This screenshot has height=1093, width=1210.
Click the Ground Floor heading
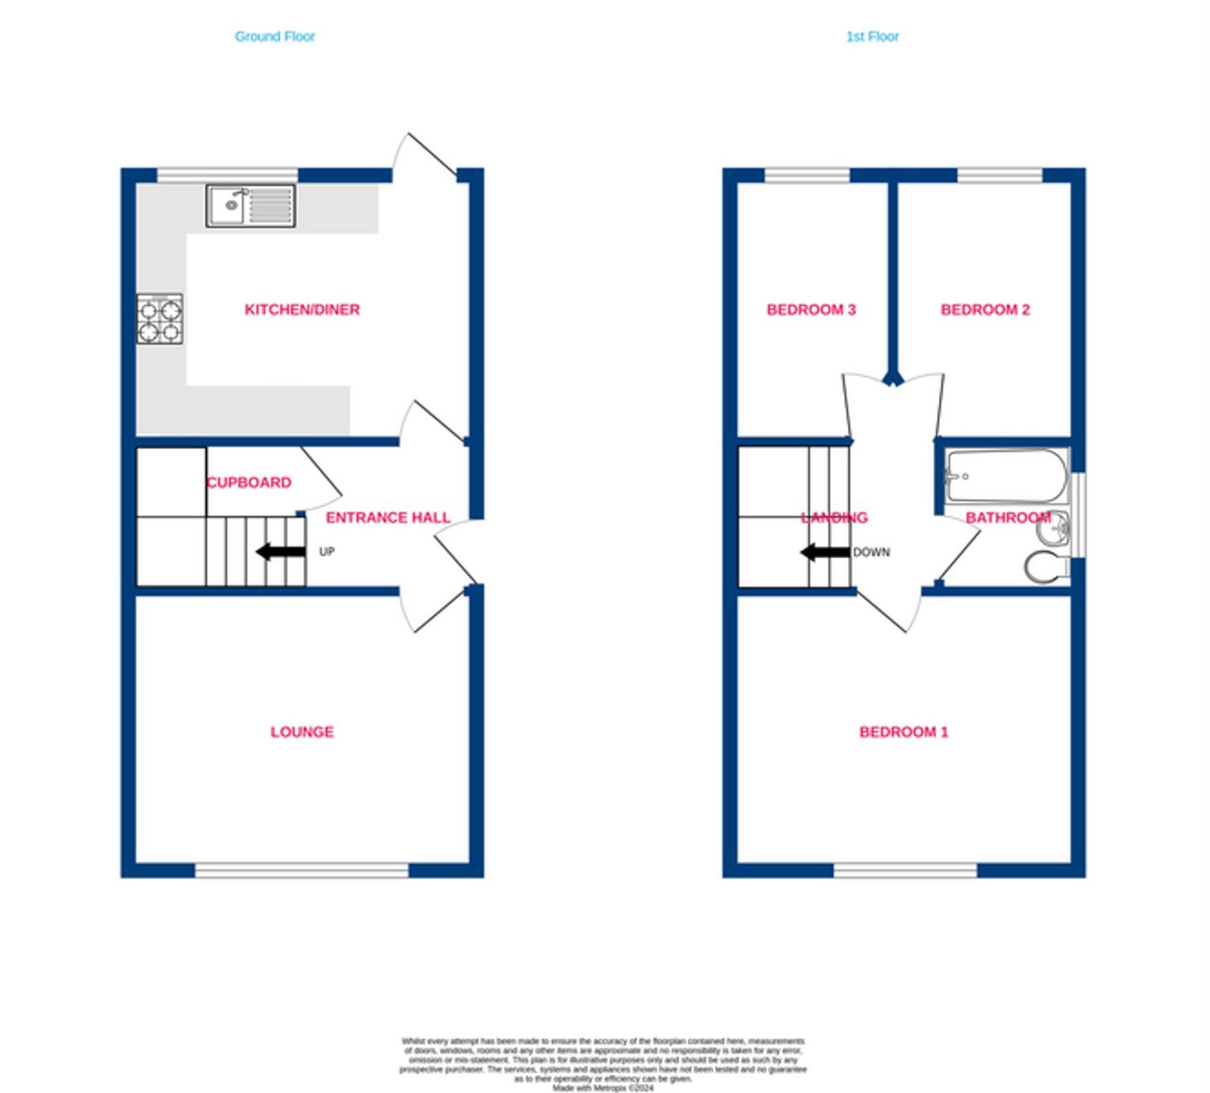pos(275,36)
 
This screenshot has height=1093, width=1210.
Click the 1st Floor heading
pos(872,36)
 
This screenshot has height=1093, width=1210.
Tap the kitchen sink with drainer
pos(250,205)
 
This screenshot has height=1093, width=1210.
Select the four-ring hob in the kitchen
pos(160,318)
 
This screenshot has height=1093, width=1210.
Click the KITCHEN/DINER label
pos(302,310)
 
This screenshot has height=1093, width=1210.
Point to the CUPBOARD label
pos(249,482)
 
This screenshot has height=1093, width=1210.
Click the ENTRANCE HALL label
pos(388,517)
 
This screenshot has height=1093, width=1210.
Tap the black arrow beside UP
pos(281,552)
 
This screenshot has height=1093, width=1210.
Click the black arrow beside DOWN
pos(825,552)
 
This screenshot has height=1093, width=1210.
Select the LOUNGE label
pos(302,732)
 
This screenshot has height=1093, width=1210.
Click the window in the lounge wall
pos(302,870)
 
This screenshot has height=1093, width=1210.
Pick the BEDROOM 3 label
pos(811,310)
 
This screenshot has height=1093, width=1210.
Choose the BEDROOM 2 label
pos(985,310)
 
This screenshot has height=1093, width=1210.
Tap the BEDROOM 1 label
pos(903,732)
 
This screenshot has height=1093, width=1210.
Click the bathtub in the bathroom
pos(1005,476)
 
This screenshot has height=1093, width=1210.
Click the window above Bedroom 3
pos(806,175)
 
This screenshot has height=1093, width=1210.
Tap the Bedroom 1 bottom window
pos(905,870)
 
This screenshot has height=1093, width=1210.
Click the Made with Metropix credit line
pos(602,1088)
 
